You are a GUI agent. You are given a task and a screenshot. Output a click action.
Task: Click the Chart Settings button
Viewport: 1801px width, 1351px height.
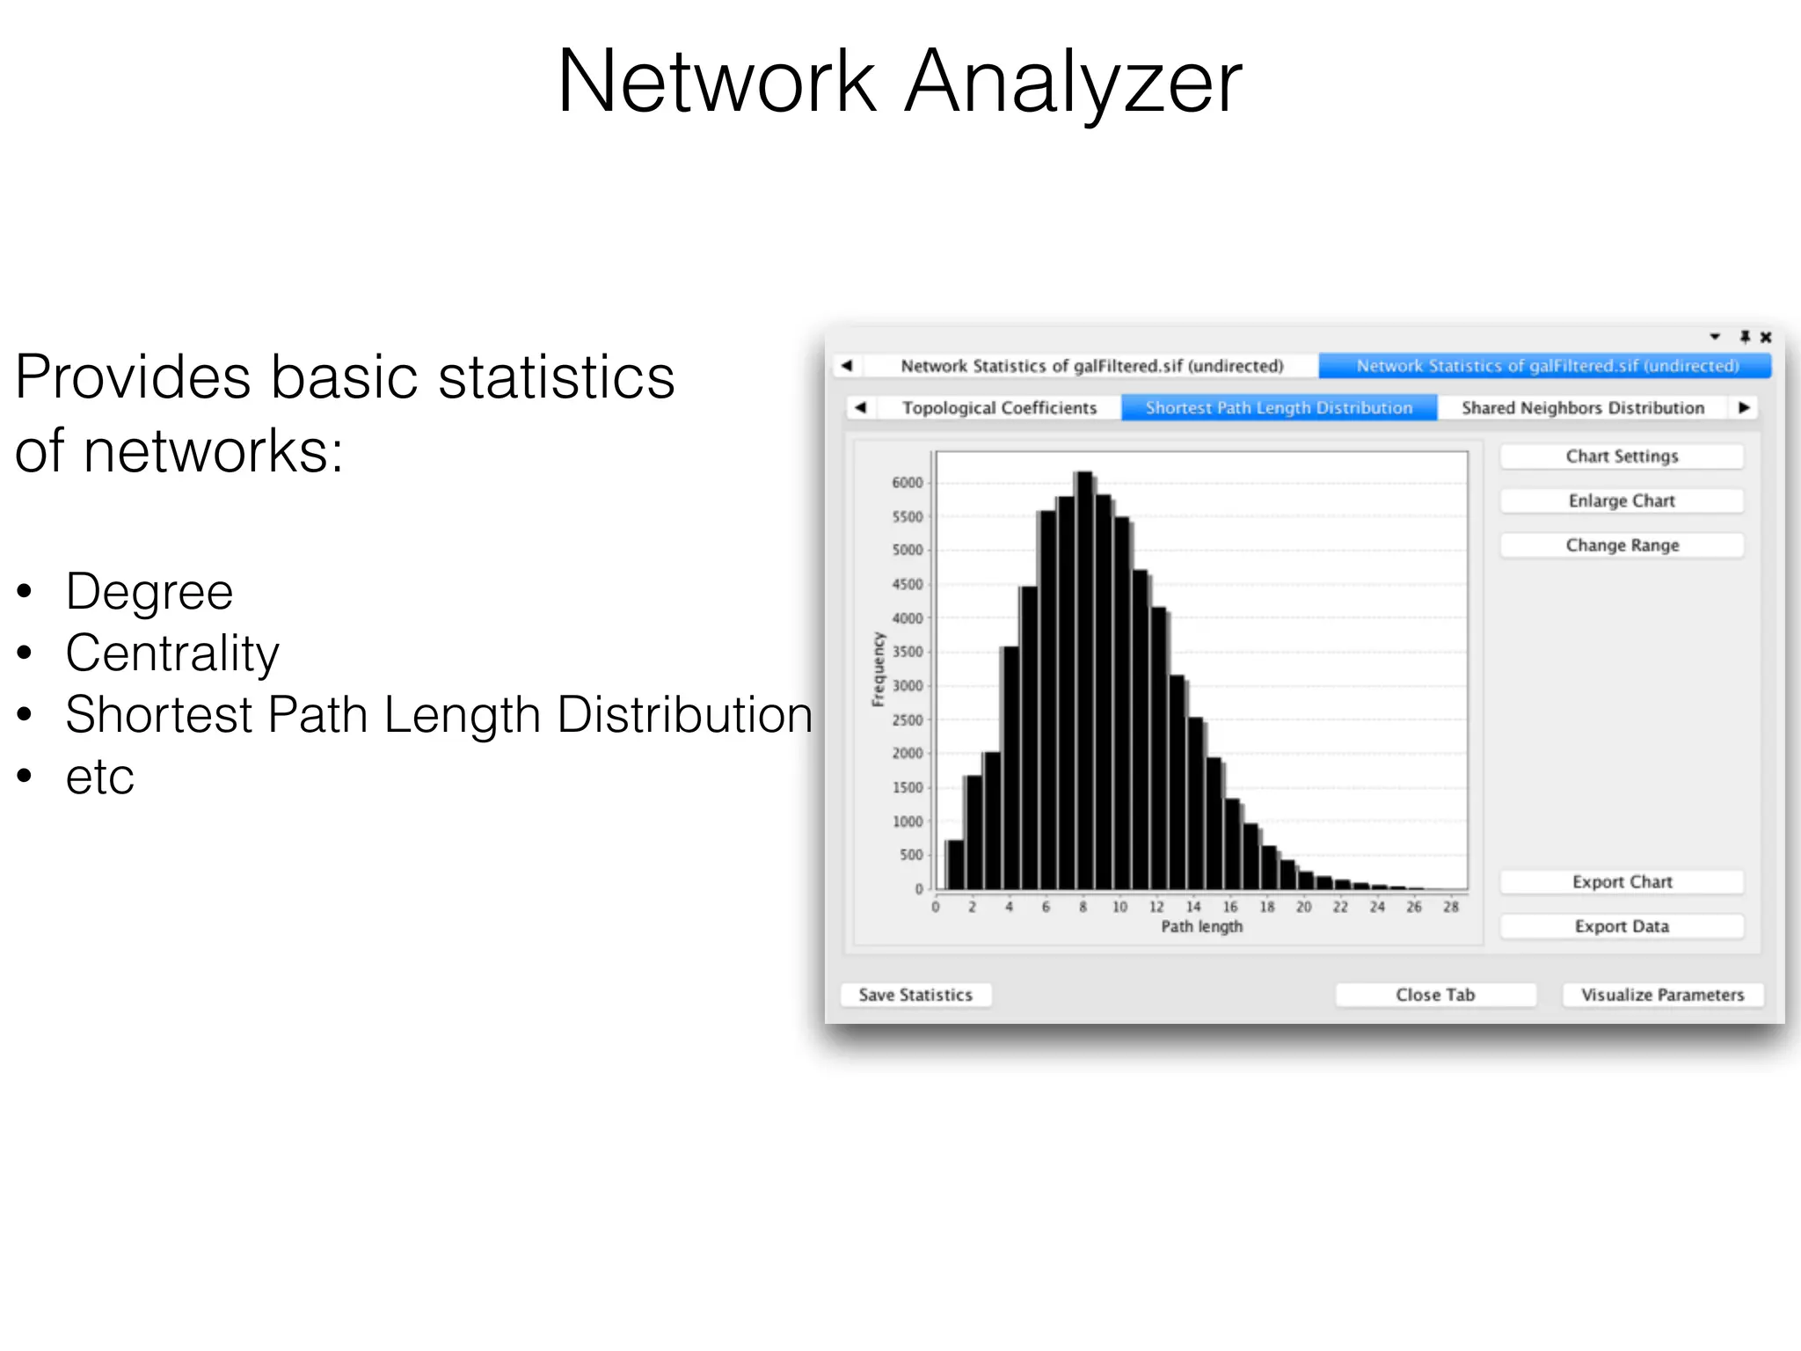1622,456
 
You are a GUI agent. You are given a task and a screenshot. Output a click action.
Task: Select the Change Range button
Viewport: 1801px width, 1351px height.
1622,545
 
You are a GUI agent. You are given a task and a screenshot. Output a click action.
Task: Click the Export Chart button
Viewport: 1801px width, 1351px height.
1622,882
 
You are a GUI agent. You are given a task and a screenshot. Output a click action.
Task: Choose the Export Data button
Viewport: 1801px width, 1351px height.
1622,926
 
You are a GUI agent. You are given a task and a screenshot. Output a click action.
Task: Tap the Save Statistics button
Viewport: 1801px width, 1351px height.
915,995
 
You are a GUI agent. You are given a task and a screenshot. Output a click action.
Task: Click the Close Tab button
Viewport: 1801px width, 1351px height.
1435,995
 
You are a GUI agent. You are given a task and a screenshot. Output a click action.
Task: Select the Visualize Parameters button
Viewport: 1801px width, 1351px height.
1662,995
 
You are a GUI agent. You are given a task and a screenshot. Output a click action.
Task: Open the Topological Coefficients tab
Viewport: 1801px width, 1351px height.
999,408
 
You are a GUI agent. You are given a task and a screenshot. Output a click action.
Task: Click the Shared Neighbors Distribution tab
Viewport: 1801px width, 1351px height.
1583,408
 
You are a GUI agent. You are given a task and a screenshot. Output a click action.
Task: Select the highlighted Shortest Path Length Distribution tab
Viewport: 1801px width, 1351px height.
1279,408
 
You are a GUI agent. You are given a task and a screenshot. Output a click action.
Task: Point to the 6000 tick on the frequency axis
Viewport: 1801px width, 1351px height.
908,483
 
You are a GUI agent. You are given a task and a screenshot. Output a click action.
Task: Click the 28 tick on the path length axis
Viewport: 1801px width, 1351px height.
1451,907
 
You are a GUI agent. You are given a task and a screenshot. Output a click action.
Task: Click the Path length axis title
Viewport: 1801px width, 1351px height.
1201,926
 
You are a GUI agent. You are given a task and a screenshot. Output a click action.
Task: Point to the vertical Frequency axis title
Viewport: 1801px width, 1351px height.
878,669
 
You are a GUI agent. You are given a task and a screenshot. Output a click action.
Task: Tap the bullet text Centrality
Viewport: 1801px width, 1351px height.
172,653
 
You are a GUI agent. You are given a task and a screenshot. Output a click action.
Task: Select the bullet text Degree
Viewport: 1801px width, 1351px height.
149,591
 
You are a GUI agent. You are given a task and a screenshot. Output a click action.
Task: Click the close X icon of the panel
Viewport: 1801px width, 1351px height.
1766,338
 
